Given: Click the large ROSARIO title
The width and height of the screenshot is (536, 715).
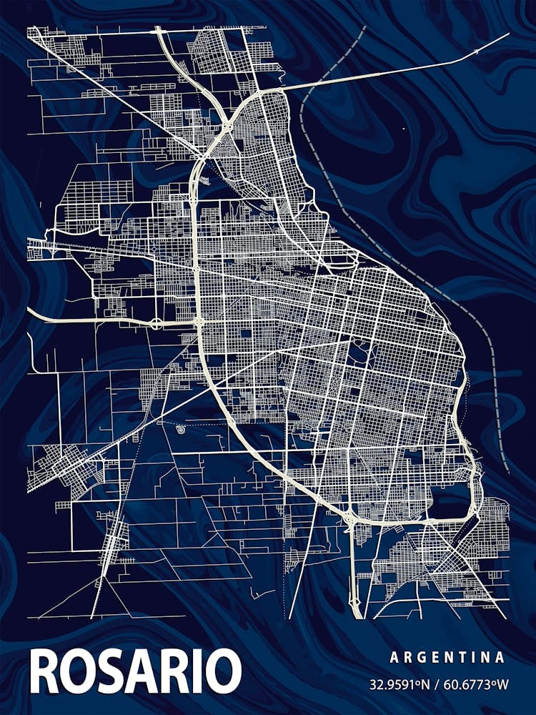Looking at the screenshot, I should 136,671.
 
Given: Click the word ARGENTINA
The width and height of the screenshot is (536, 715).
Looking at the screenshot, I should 447,657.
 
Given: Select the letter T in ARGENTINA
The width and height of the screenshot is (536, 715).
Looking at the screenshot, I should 463,657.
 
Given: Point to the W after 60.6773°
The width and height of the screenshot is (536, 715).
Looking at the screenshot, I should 503,684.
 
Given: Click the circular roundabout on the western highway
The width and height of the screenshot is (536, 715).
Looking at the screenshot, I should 155,323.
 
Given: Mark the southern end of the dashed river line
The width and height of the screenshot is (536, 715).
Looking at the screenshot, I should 507,472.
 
